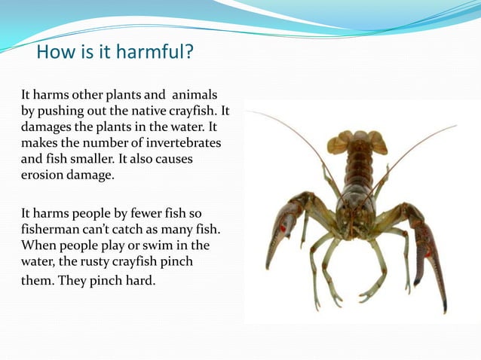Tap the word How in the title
(54, 53)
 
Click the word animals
(195, 95)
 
